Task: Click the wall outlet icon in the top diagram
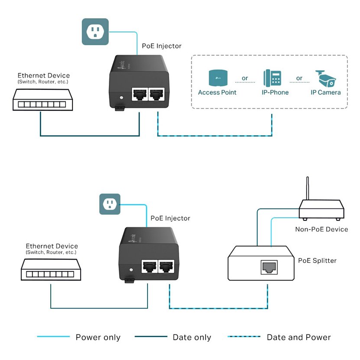tap(95, 32)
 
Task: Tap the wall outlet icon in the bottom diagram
tap(110, 204)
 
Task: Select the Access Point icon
tap(218, 78)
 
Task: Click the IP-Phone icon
tap(272, 78)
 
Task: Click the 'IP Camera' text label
tap(326, 92)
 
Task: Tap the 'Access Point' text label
tap(217, 92)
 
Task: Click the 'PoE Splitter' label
tap(317, 261)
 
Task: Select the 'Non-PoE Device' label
tap(321, 229)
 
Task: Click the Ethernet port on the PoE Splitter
tap(269, 267)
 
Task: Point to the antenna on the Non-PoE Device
tap(308, 189)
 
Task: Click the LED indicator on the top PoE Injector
tap(121, 98)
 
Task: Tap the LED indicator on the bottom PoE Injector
tap(131, 270)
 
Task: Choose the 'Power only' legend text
tap(98, 337)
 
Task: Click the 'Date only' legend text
tap(192, 337)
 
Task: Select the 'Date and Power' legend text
tap(299, 337)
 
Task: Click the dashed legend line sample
tap(244, 337)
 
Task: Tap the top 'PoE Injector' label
tap(162, 46)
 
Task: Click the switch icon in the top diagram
tap(43, 100)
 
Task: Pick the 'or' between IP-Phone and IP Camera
tap(299, 79)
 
